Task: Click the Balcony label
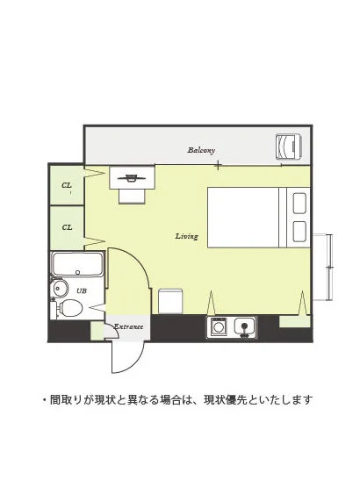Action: pyautogui.click(x=201, y=150)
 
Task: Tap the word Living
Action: pyautogui.click(x=187, y=236)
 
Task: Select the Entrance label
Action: pyautogui.click(x=129, y=326)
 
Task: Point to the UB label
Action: pyautogui.click(x=82, y=290)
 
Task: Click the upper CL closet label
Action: pyautogui.click(x=67, y=185)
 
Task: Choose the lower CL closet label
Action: pyautogui.click(x=67, y=227)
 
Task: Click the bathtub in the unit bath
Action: pyautogui.click(x=77, y=264)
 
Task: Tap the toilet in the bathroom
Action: pyautogui.click(x=70, y=308)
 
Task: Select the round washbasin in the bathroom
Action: pyautogui.click(x=59, y=288)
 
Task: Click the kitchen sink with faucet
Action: pyautogui.click(x=245, y=327)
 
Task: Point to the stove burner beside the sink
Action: pyautogui.click(x=218, y=327)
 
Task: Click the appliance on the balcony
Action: pyautogui.click(x=289, y=147)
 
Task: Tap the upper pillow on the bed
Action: pyautogui.click(x=299, y=203)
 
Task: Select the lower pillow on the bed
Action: pyautogui.click(x=299, y=232)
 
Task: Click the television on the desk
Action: pyautogui.click(x=132, y=177)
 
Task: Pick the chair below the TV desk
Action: pyautogui.click(x=132, y=197)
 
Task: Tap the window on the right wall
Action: pyautogui.click(x=329, y=268)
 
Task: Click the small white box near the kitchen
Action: pyautogui.click(x=170, y=301)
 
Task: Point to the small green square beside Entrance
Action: pyautogui.click(x=97, y=331)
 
